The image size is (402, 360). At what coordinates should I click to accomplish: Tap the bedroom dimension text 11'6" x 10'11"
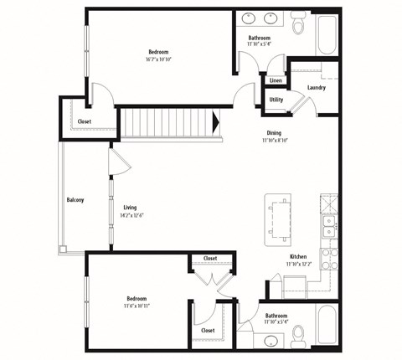pyautogui.click(x=137, y=306)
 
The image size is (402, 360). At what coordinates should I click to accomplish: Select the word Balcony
pyautogui.click(x=75, y=200)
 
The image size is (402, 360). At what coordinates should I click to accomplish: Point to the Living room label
pyautogui.click(x=130, y=207)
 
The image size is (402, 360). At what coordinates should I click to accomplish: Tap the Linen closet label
pyautogui.click(x=276, y=80)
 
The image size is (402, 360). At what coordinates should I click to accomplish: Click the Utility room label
pyautogui.click(x=276, y=100)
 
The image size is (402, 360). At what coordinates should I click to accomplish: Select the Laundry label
pyautogui.click(x=317, y=87)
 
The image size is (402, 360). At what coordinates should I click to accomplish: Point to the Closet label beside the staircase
pyautogui.click(x=85, y=121)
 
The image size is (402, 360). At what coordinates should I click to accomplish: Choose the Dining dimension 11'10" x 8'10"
pyautogui.click(x=274, y=140)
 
